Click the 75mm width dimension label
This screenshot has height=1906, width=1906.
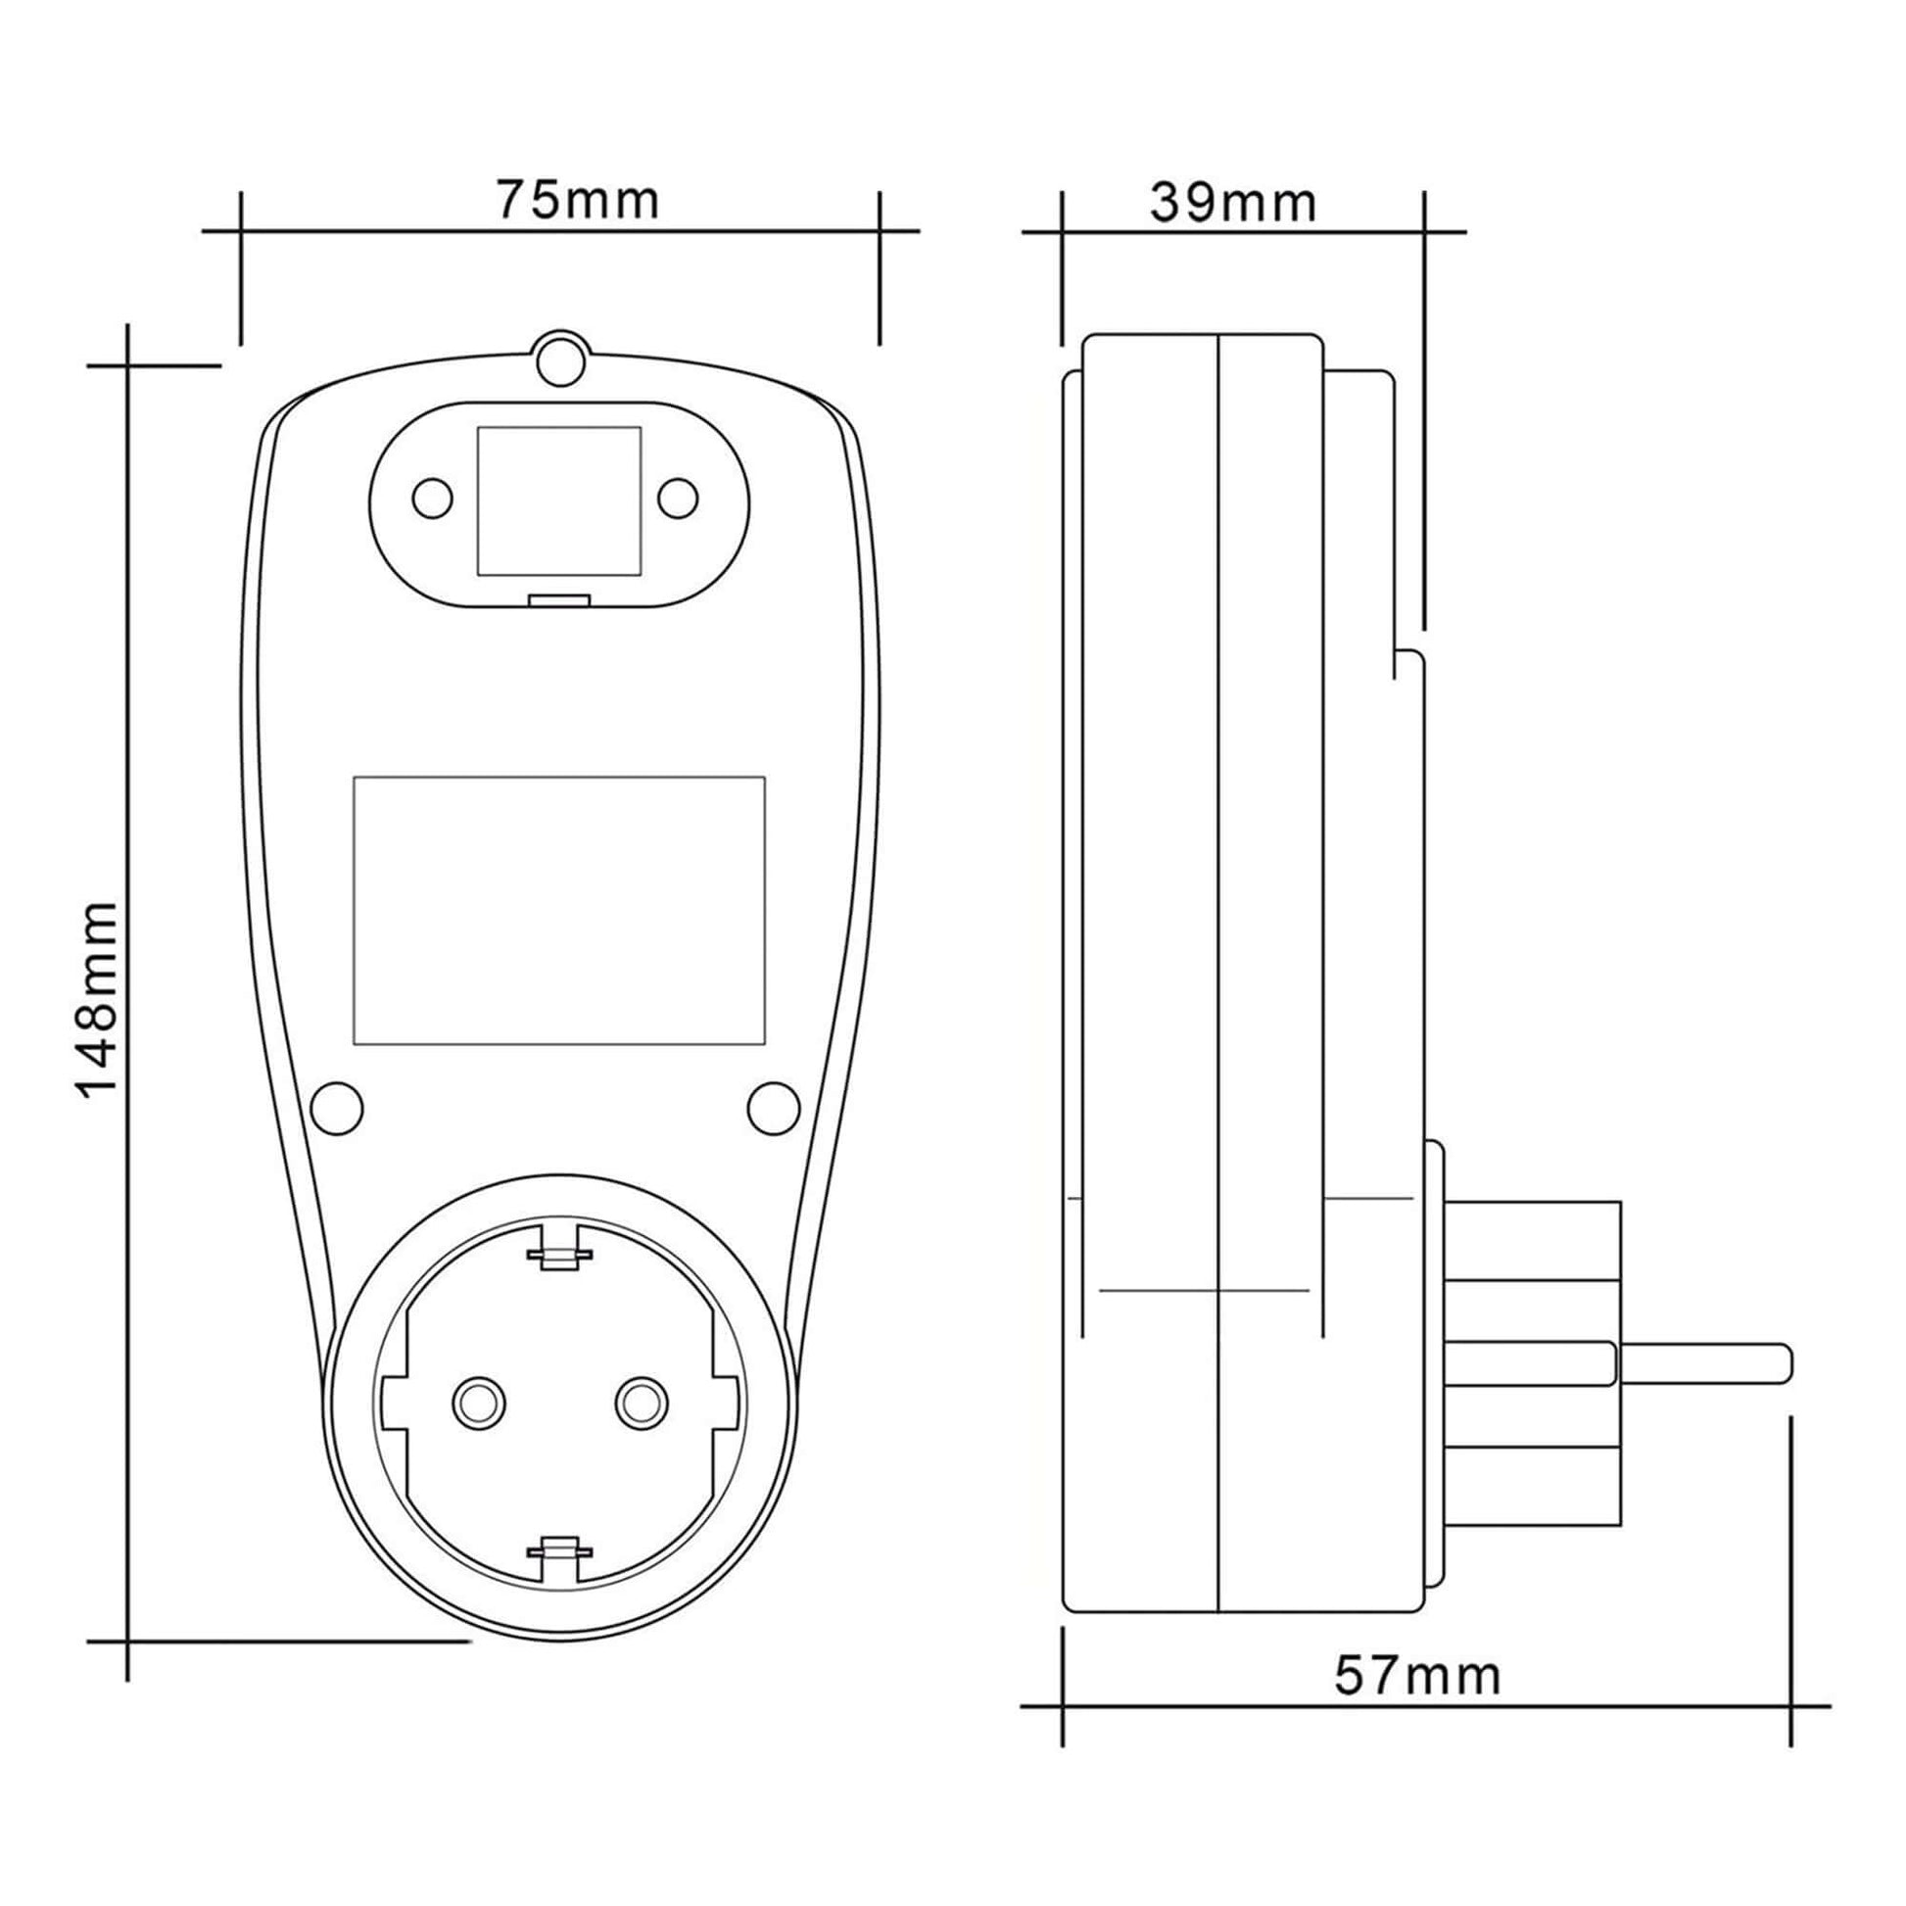pos(577,200)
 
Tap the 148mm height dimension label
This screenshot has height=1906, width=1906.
pos(99,998)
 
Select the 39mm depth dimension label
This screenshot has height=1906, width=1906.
pos(1233,203)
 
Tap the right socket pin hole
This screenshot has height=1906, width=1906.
pos(641,1401)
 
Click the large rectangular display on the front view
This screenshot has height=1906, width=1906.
pos(559,911)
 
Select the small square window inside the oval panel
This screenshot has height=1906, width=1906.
pos(559,501)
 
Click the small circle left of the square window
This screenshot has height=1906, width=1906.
pos(432,499)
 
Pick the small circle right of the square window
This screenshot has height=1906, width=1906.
pos(678,499)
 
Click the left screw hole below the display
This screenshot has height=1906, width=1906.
pos(336,1108)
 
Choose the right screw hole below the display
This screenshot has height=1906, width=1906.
pos(774,1108)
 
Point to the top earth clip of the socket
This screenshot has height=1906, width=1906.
pos(559,1257)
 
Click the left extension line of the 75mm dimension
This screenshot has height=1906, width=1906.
pos(241,268)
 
